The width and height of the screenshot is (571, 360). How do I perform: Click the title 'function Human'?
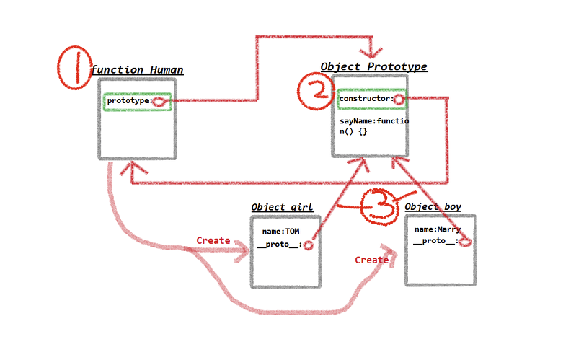[x=137, y=70]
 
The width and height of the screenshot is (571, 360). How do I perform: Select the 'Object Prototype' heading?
[x=373, y=66]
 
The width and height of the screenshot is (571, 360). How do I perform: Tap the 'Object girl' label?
[x=282, y=207]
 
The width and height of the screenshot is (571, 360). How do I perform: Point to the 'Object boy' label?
[x=433, y=207]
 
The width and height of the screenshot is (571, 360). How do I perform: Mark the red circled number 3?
[x=380, y=206]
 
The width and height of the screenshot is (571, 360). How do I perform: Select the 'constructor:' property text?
[x=366, y=98]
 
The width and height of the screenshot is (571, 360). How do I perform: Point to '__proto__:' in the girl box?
[x=278, y=245]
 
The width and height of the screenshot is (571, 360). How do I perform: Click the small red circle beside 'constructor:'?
[x=398, y=99]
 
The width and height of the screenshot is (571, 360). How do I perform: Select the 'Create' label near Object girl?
[x=213, y=240]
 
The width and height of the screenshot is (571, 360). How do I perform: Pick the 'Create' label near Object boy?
[x=372, y=260]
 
